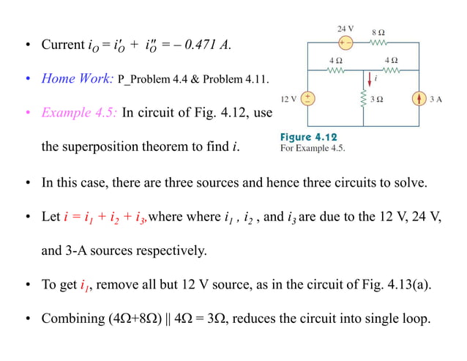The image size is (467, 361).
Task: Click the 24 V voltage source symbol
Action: pyautogui.click(x=344, y=43)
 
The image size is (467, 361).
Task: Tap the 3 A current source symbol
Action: pyautogui.click(x=419, y=97)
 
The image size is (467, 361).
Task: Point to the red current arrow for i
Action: pyautogui.click(x=370, y=78)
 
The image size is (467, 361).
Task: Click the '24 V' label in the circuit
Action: pyautogui.click(x=345, y=29)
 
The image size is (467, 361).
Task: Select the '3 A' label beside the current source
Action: pyautogui.click(x=436, y=97)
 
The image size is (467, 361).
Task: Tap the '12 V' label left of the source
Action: pyautogui.click(x=288, y=97)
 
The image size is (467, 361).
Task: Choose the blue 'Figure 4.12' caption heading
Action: pyautogui.click(x=309, y=137)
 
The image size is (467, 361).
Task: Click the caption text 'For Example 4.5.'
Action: pyautogui.click(x=313, y=147)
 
